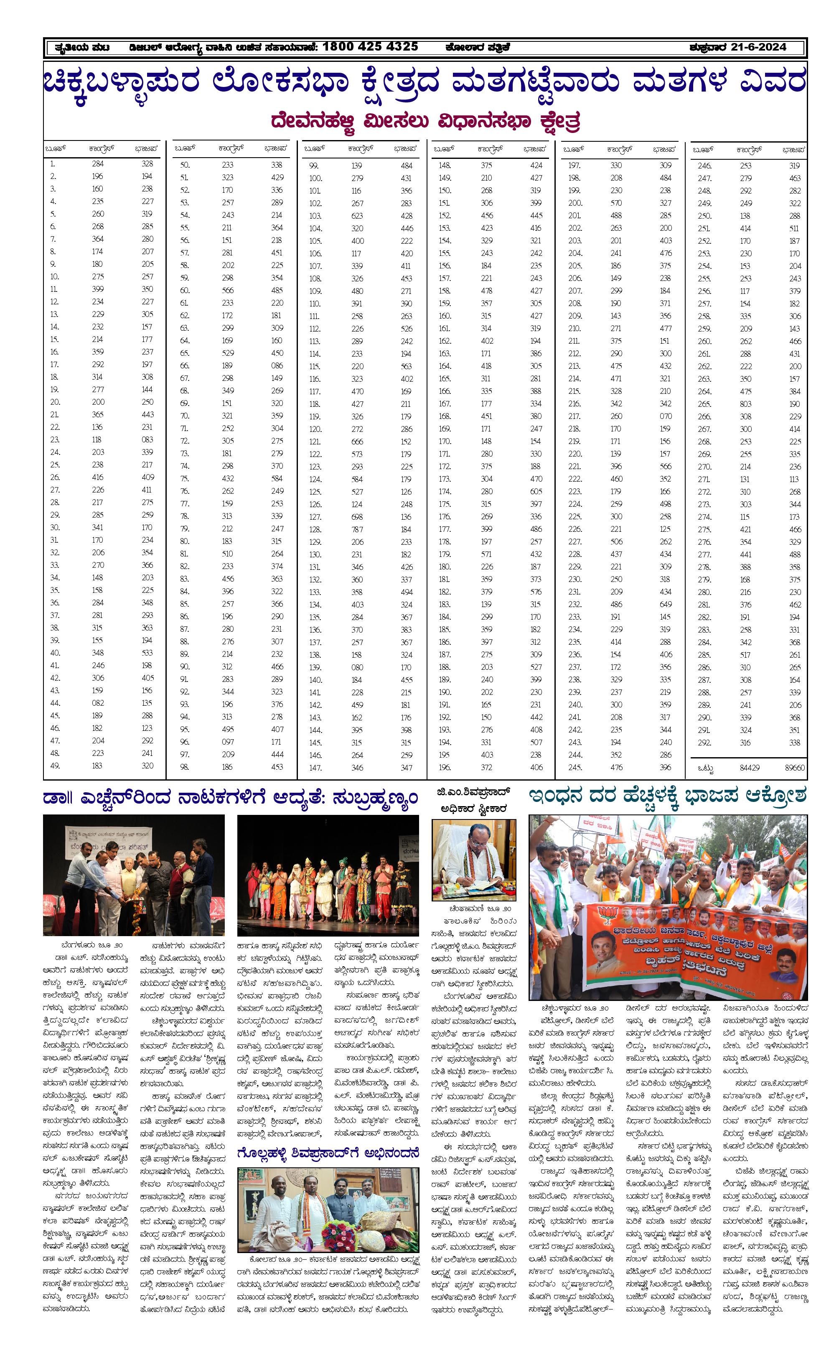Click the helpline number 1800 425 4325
(x=370, y=47)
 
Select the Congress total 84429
(x=749, y=768)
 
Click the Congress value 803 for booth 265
(x=745, y=404)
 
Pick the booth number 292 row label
(x=704, y=743)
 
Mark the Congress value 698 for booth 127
(x=357, y=517)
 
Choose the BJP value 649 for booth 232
(x=665, y=604)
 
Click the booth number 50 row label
(x=185, y=165)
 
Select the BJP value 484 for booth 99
(x=406, y=166)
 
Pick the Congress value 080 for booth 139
(x=357, y=667)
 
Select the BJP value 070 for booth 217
(x=665, y=416)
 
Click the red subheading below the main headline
(x=425, y=121)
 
